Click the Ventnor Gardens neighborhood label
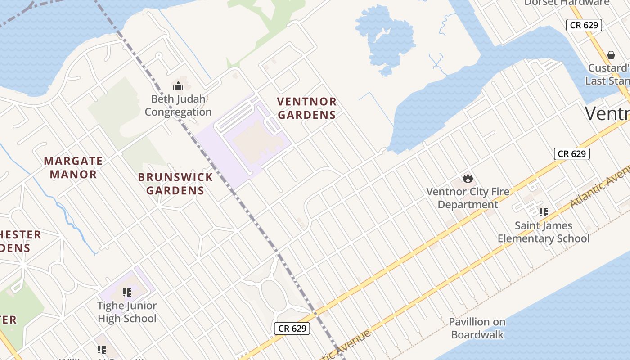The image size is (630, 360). pos(306,108)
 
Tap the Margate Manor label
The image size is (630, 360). pos(73,167)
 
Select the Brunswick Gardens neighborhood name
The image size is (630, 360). pos(175,184)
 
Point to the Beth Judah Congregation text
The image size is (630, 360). pos(178,105)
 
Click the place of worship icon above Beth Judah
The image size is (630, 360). pos(178,85)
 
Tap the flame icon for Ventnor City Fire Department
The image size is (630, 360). pos(468,178)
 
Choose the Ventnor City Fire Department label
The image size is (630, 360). pos(468,198)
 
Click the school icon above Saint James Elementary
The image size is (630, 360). pos(543,212)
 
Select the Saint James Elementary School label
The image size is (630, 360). pos(544,232)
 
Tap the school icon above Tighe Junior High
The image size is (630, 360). pos(127,292)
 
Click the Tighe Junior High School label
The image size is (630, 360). pos(127,312)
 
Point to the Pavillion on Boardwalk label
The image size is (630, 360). pos(477,328)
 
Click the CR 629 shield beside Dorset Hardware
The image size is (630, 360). pos(584,25)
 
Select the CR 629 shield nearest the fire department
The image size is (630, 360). pos(571,154)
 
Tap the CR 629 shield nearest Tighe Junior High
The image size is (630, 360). pos(292,328)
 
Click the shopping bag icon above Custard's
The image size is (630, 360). pos(611,55)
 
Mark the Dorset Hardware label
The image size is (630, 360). pos(567,3)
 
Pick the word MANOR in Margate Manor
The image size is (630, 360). pos(73,174)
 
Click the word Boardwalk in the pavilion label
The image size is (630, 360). pos(477,334)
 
